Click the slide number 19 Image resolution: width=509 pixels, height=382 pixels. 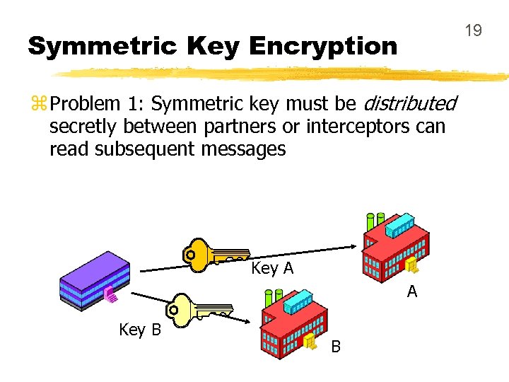coord(473,30)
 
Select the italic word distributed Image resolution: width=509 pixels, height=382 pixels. coord(409,104)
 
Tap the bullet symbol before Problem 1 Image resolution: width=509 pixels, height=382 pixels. coord(37,105)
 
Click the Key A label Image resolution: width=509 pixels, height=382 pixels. coord(272,269)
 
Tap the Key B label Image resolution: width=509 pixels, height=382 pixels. coord(140,330)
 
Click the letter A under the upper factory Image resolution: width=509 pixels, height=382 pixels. coord(412,291)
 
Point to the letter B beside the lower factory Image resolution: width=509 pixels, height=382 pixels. coord(336,347)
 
